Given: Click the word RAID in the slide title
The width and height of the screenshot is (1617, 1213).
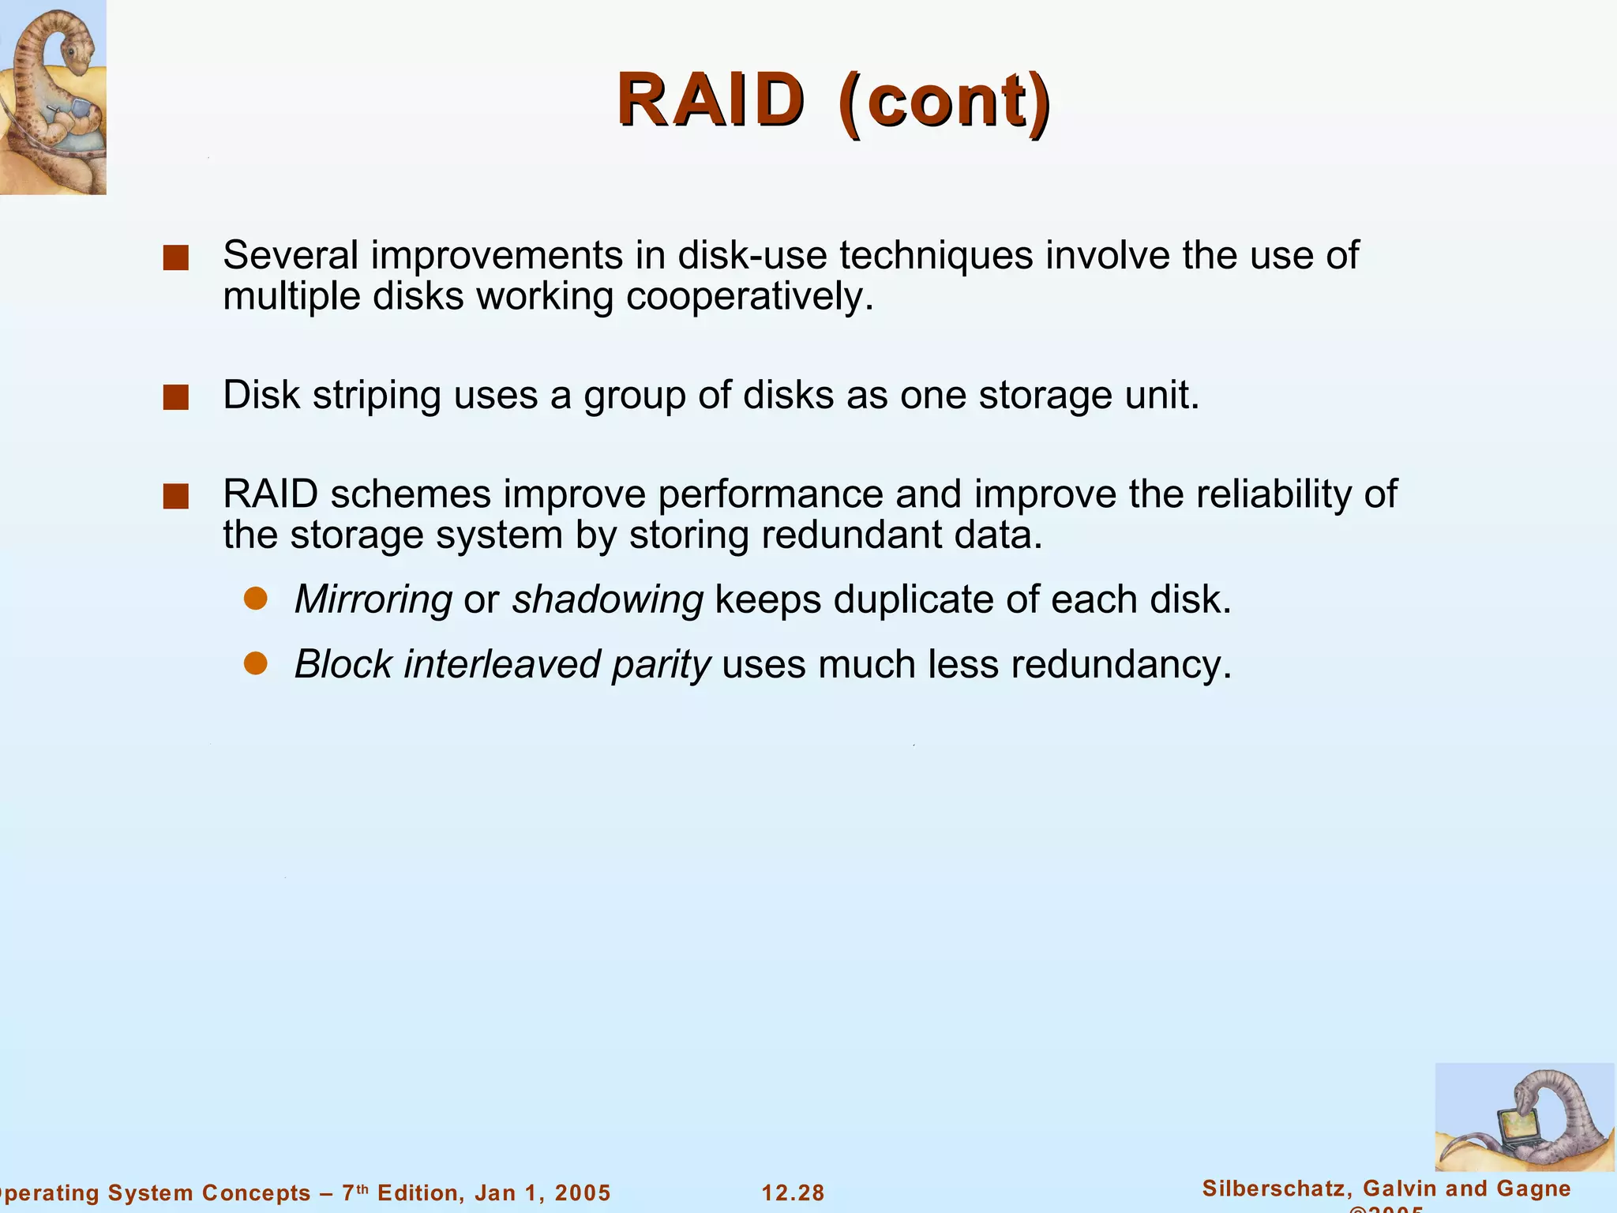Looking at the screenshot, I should coord(710,100).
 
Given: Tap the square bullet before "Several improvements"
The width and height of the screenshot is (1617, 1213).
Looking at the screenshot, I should coord(175,257).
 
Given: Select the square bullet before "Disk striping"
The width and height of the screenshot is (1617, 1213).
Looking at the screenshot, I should coord(175,397).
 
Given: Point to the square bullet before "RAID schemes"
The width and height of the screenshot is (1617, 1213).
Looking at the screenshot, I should coord(175,497).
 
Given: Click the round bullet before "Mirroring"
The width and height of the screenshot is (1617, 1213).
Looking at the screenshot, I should coord(256,599).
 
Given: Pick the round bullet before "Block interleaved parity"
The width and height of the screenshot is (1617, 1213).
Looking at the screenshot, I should coord(256,663).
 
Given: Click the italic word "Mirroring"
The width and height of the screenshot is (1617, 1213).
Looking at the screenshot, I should coord(373,599).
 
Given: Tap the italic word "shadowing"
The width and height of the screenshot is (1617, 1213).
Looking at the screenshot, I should coord(607,599).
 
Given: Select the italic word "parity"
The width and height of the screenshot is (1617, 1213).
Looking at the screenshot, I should coord(661,665).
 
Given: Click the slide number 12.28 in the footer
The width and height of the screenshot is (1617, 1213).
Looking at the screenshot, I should coord(793,1192).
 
